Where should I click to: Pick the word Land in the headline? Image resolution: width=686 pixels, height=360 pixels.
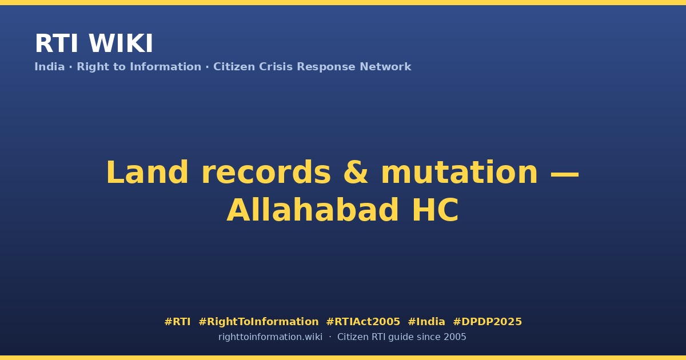tap(147, 173)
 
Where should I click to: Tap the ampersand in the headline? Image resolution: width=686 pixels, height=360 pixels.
tap(356, 173)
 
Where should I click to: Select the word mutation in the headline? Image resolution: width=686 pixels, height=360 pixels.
tap(460, 173)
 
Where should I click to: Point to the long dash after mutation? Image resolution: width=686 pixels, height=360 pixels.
tap(565, 175)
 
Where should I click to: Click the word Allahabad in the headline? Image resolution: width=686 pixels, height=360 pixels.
tap(312, 210)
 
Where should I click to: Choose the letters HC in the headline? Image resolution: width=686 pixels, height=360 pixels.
tap(436, 210)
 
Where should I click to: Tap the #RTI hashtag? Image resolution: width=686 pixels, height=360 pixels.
tap(177, 322)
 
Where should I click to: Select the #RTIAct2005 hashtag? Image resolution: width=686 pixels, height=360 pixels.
tap(363, 322)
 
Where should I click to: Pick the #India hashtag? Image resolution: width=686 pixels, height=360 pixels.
tap(426, 322)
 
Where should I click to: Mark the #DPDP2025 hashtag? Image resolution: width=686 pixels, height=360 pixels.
tap(487, 322)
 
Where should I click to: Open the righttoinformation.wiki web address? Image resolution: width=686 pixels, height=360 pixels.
tap(270, 337)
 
